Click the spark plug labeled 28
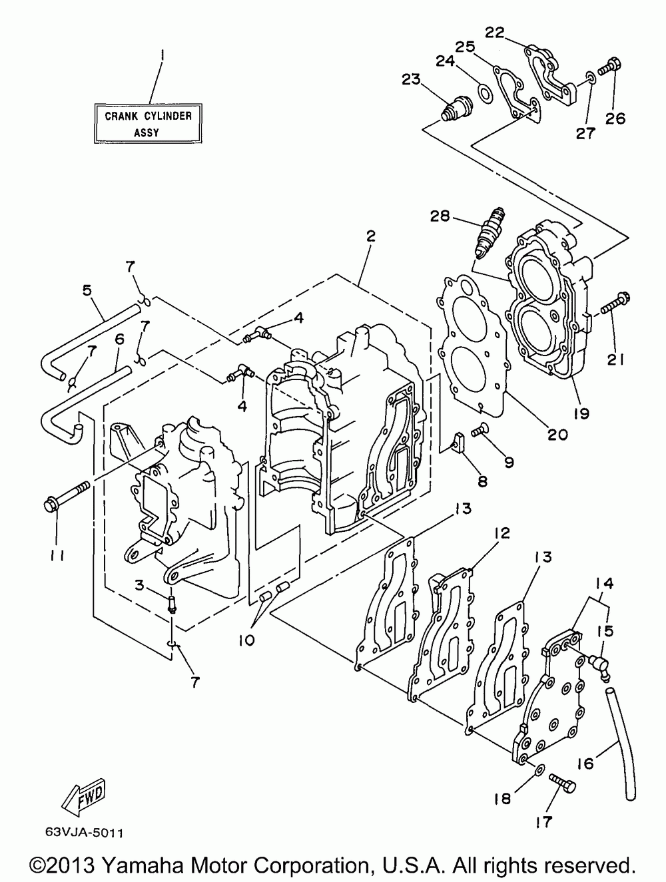(x=490, y=233)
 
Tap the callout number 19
(x=581, y=413)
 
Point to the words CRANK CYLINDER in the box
(x=149, y=116)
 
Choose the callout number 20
(x=556, y=435)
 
